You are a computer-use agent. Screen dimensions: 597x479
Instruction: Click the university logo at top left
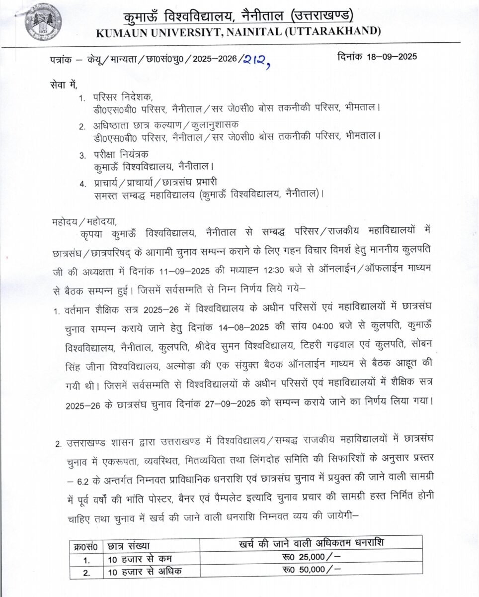(x=43, y=21)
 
